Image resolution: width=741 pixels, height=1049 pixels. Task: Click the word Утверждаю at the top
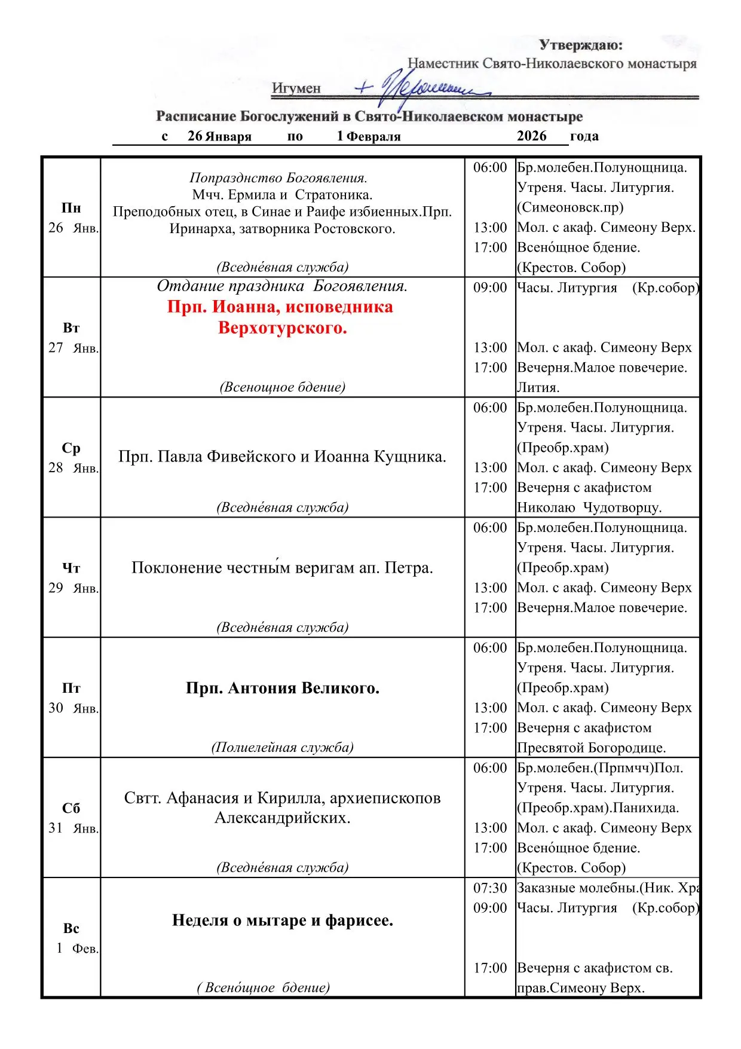coord(580,45)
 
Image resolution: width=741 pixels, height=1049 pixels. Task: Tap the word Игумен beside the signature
coord(296,88)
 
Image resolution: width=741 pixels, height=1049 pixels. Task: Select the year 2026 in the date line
coord(531,136)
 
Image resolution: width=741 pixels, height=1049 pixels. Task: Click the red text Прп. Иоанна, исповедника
coord(280,307)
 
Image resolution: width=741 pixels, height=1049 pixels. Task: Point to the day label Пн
coord(71,208)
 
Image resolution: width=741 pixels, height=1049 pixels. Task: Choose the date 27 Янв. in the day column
coord(73,348)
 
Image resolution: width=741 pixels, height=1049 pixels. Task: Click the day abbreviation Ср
coord(71,448)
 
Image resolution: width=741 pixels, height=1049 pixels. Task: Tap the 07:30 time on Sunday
coord(489,888)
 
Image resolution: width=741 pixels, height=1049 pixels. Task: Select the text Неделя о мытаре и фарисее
coord(283,920)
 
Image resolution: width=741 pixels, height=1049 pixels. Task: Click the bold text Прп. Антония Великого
coord(283,688)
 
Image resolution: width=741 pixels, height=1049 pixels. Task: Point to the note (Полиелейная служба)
coord(282,748)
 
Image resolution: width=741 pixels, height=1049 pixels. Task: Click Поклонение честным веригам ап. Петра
coord(282,568)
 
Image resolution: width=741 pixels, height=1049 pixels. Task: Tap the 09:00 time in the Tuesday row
coord(489,288)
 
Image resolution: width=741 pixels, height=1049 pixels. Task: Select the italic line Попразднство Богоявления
coord(278,178)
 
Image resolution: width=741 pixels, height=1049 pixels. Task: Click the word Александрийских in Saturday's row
coord(282,818)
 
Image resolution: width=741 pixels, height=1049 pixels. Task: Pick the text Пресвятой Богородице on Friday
coord(591,748)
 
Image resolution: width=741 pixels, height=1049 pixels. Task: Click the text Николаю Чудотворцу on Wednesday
coord(589,507)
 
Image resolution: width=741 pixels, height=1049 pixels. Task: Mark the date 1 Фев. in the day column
coord(76,949)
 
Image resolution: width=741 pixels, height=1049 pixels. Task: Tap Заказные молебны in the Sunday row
coord(574,888)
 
